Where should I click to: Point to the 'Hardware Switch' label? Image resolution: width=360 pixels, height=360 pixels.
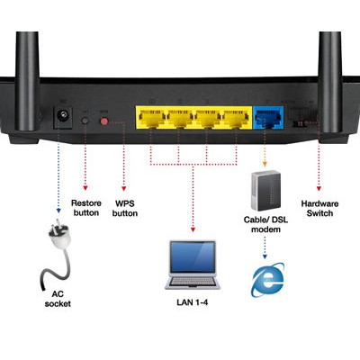320,209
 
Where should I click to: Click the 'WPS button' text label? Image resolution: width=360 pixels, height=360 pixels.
125,209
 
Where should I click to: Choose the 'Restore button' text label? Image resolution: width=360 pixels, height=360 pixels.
85,209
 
